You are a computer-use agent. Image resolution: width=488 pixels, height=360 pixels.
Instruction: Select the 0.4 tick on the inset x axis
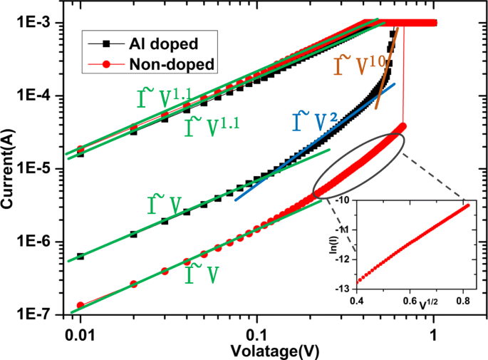(x=355, y=302)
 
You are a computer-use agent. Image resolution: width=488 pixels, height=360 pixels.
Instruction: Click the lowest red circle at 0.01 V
(x=81, y=305)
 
